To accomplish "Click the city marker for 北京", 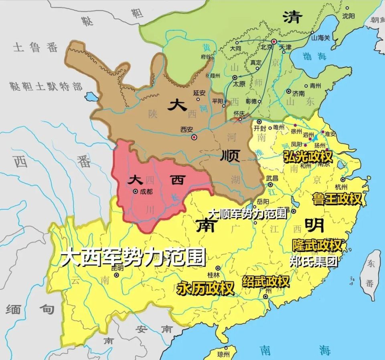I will pyautogui.click(x=274, y=42).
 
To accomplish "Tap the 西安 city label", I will pyautogui.click(x=187, y=129).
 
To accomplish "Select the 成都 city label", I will pyautogui.click(x=147, y=192).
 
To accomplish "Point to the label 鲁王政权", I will pyautogui.click(x=337, y=198).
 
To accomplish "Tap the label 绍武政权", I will pyautogui.click(x=265, y=281).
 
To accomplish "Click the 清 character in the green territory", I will pyautogui.click(x=292, y=17).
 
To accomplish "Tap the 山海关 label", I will pyautogui.click(x=320, y=38).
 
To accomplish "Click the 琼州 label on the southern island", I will pyautogui.click(x=223, y=354).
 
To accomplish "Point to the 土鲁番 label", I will pyautogui.click(x=35, y=48).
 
